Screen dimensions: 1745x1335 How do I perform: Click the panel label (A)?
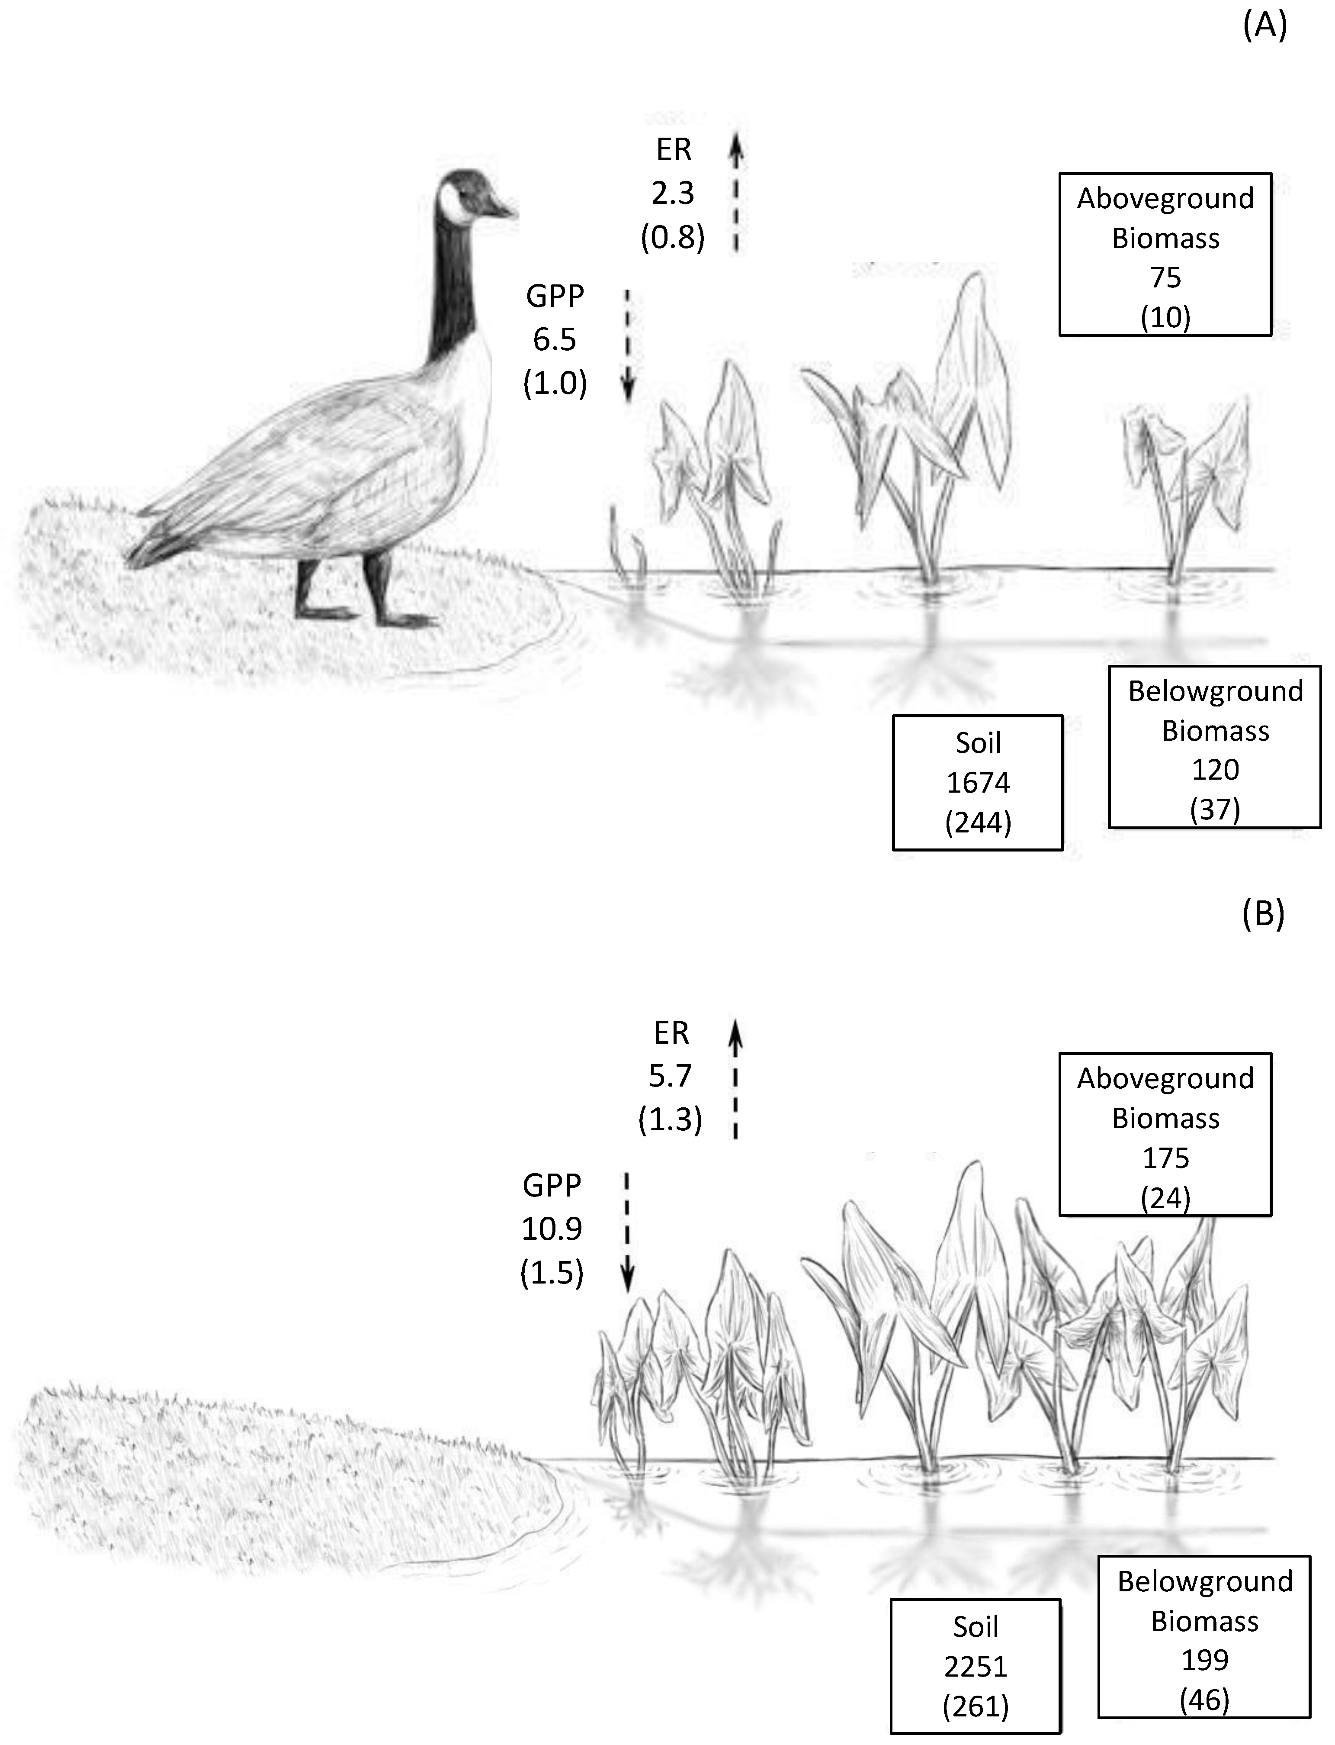(x=1264, y=26)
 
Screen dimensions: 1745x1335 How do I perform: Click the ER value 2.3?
(x=673, y=193)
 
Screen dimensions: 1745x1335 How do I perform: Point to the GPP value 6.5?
(x=555, y=339)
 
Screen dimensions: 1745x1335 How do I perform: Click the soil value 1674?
(x=977, y=783)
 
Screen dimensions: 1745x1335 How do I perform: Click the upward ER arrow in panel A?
(x=736, y=191)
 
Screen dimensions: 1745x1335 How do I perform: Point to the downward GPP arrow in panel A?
(x=627, y=346)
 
